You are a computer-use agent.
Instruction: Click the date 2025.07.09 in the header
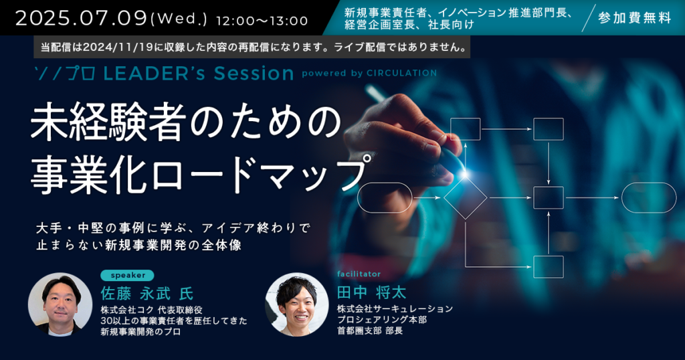coord(81,18)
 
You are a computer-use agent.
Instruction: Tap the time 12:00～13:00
coord(262,21)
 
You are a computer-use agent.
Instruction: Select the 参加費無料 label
coord(634,18)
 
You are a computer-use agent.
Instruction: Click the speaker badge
coord(127,275)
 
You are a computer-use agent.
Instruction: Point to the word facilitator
coord(359,274)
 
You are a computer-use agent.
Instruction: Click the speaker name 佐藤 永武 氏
coord(146,293)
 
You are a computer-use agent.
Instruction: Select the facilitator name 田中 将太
coord(371,292)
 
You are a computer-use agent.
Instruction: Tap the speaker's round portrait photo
coord(60,304)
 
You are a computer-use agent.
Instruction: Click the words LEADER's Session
coord(199,74)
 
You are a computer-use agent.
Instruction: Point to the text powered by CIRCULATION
coord(369,73)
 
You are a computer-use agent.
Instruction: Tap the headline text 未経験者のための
coord(186,122)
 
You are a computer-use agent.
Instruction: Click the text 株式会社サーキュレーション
coord(395,309)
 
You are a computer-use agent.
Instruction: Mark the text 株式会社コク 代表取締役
coord(151,310)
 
